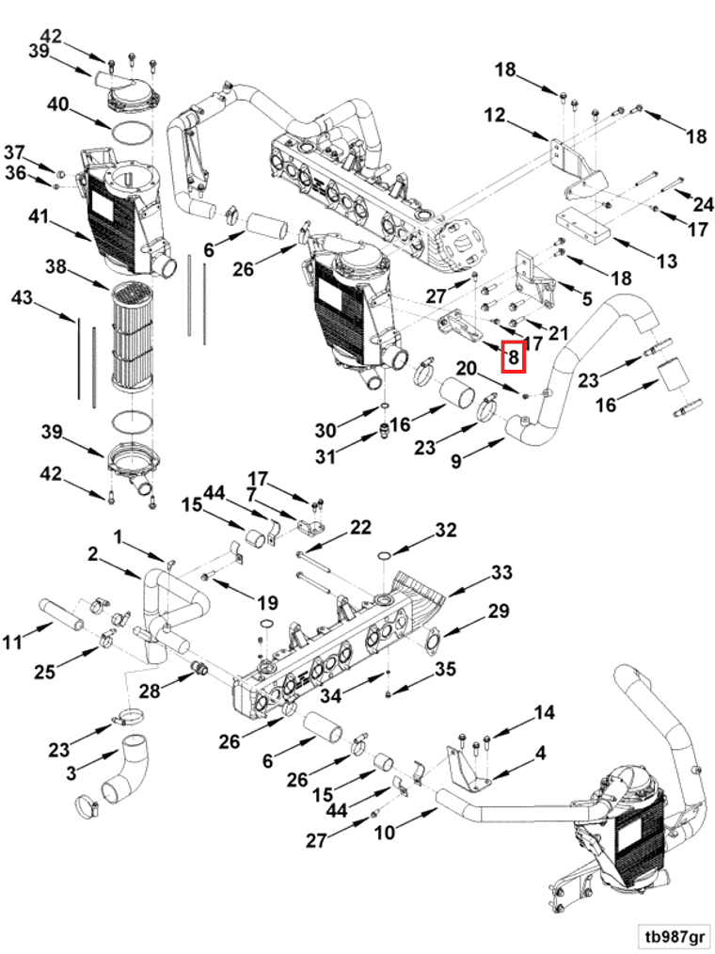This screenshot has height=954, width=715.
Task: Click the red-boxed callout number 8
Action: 514,358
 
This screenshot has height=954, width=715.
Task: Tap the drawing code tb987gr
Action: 674,936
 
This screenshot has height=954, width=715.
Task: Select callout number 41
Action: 38,217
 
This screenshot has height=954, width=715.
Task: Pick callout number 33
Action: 501,572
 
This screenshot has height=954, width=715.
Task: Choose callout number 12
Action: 495,117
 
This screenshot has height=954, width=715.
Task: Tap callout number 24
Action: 703,203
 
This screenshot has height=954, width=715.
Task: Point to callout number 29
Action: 498,612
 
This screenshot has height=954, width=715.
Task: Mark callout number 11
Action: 11,643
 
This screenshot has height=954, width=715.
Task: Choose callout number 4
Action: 541,753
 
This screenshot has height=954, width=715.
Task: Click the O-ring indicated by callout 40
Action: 133,132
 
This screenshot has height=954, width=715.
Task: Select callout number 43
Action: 22,298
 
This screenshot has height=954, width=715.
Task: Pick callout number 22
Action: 360,526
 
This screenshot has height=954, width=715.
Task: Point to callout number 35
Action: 445,669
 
